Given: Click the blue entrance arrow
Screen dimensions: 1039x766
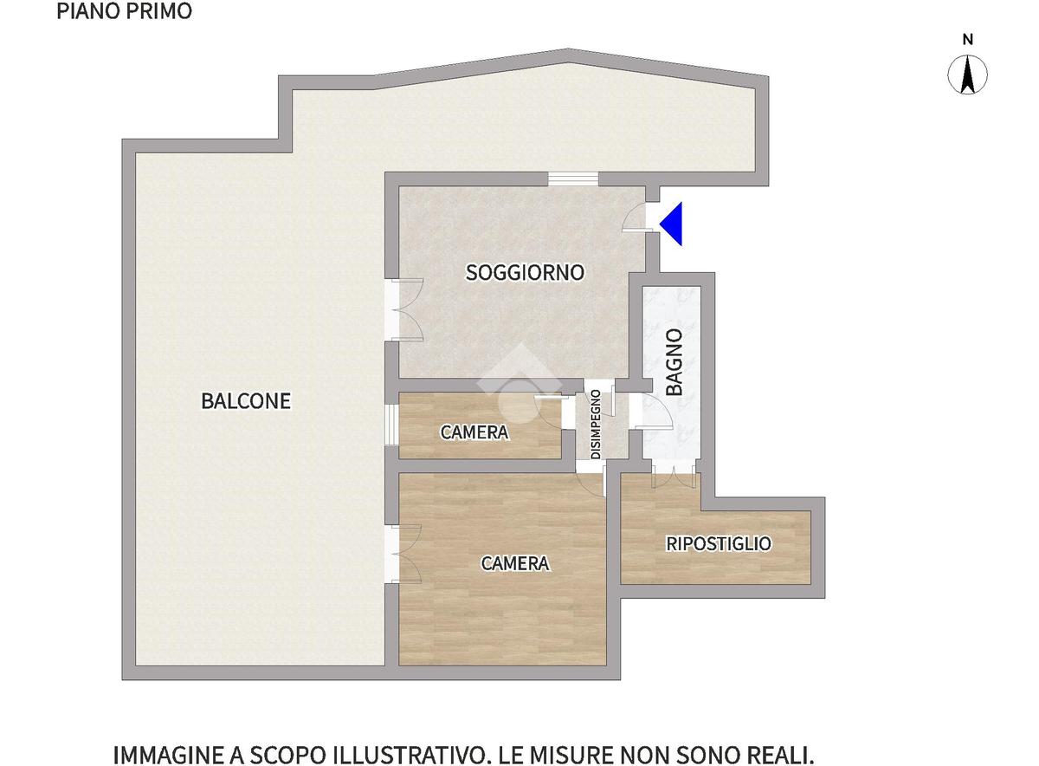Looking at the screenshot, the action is coord(674,224).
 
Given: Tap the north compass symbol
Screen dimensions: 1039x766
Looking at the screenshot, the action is coord(967,75).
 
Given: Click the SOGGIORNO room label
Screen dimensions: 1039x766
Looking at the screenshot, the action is coord(525,272).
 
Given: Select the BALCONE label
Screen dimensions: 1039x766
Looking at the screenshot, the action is coord(246,401).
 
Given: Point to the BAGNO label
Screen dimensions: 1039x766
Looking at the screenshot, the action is coord(674,362).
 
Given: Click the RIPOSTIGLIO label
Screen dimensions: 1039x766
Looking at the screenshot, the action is coord(719,543).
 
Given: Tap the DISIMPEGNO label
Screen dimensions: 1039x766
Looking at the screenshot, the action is coord(596,425).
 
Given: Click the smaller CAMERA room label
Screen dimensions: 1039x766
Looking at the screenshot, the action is coord(474,432).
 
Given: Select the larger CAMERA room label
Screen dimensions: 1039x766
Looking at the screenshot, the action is coord(515,563).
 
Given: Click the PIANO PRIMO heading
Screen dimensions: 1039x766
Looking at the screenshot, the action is coord(125,11).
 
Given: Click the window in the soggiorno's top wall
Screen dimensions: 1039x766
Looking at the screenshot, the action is coord(573,179).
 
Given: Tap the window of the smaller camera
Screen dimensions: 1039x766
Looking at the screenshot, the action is coord(391,425).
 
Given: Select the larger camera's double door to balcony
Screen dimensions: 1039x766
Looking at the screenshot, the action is coord(403,554).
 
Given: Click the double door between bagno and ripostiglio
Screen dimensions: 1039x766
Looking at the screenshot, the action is coord(674,473).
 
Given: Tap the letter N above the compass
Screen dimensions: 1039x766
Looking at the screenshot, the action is coord(967,40).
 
